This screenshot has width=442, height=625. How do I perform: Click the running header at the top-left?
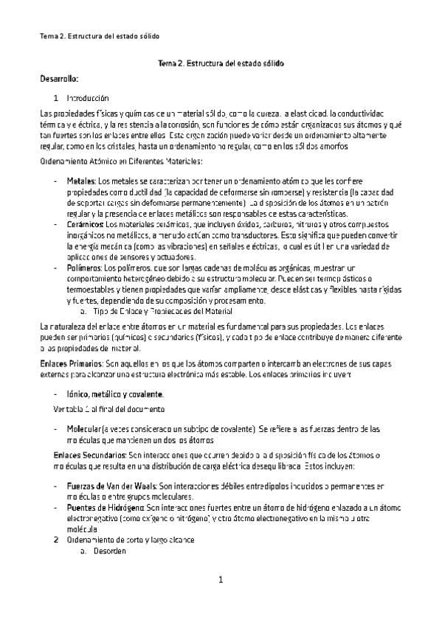point(99,36)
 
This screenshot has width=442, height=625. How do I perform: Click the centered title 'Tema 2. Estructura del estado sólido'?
point(221,64)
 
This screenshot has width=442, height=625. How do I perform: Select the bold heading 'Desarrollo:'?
point(59,77)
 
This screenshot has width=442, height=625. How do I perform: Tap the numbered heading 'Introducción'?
point(87,98)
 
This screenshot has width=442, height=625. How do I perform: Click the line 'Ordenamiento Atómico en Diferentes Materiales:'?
point(121,161)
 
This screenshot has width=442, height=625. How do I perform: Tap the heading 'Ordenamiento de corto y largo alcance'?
point(130,540)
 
